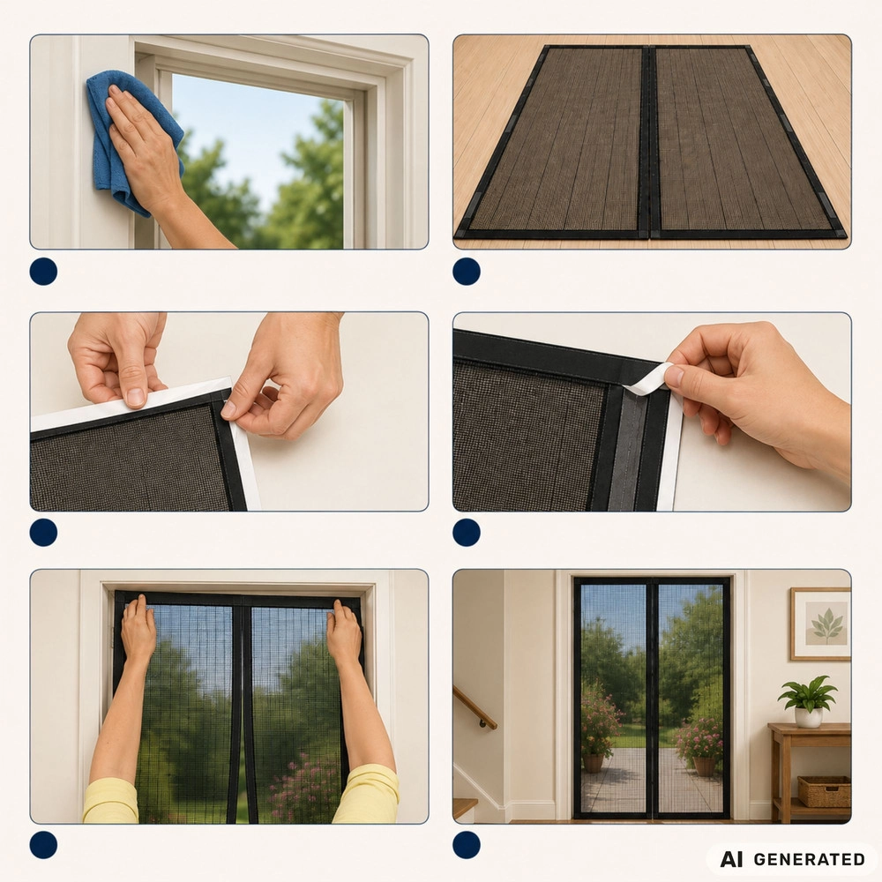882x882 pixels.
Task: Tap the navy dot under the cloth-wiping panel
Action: click(x=43, y=272)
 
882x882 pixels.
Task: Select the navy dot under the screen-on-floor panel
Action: click(x=467, y=272)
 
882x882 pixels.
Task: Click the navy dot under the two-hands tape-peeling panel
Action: click(x=43, y=533)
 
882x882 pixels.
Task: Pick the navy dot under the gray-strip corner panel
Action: click(x=467, y=533)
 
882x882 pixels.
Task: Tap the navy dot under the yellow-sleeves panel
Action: click(x=43, y=846)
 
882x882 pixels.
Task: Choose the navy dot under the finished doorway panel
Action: click(x=467, y=846)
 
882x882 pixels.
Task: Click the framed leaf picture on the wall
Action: click(x=820, y=624)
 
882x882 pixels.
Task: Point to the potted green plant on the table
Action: click(x=808, y=701)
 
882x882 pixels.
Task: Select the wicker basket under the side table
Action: click(x=824, y=792)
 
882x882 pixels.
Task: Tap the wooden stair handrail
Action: click(x=475, y=707)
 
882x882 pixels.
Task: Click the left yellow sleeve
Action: click(x=110, y=801)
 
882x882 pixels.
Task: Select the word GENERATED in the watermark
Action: click(x=809, y=859)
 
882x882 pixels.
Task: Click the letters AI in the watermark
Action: click(x=731, y=859)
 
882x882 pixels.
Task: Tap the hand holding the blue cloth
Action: click(x=147, y=152)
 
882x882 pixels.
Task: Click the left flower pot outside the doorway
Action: click(x=593, y=763)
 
